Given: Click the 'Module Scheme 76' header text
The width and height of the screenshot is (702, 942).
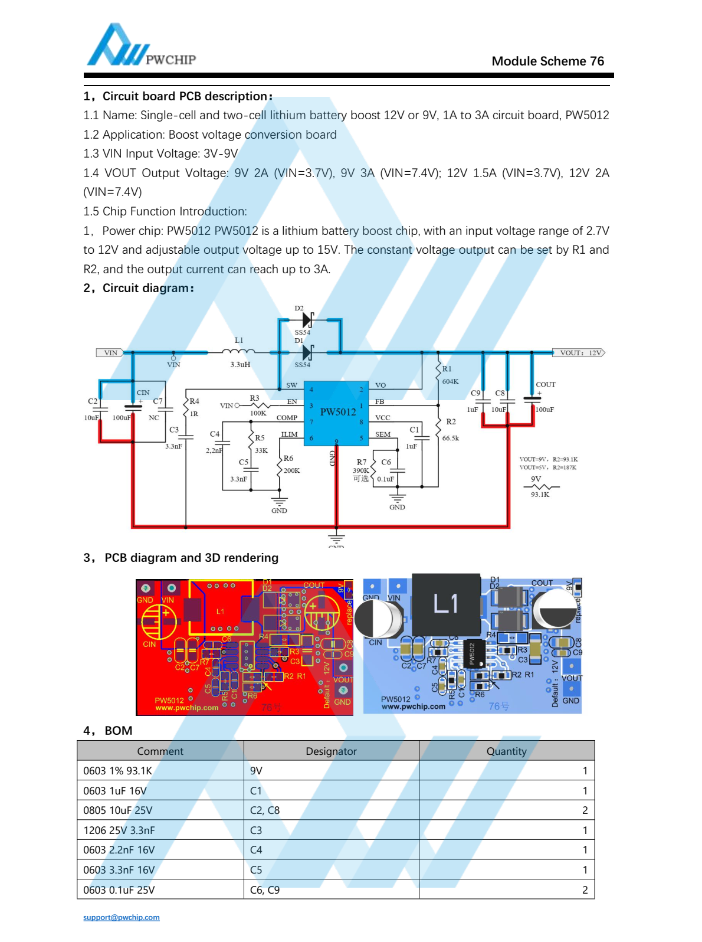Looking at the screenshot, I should click(x=547, y=61).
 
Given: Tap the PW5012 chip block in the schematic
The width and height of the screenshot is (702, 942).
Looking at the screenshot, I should click(x=337, y=412).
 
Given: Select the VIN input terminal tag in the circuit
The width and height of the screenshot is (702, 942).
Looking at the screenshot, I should click(x=110, y=353).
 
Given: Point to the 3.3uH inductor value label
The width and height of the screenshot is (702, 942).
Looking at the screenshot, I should click(x=240, y=365).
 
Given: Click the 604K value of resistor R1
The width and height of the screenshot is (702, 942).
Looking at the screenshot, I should click(x=450, y=381).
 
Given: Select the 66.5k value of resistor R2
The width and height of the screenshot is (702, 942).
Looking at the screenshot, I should click(x=450, y=438).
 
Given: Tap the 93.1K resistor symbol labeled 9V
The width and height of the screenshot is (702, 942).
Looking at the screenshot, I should click(x=540, y=487).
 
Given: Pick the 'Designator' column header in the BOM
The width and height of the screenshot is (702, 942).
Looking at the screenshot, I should click(x=331, y=751).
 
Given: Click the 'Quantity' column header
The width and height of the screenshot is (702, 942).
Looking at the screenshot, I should click(x=506, y=751).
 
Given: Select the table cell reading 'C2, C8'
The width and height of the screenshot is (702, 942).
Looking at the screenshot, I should click(x=265, y=810).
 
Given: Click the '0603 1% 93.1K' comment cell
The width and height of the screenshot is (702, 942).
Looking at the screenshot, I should click(x=118, y=771).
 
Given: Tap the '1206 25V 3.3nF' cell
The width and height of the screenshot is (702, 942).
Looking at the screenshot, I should click(x=119, y=830).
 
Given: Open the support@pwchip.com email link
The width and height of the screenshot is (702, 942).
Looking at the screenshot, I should click(x=122, y=917).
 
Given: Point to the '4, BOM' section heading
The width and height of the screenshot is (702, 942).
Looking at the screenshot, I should click(x=108, y=731).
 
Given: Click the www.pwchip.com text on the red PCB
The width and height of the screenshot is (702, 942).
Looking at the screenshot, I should click(x=186, y=708).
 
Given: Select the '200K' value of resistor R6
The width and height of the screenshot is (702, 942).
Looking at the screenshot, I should click(x=291, y=470).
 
